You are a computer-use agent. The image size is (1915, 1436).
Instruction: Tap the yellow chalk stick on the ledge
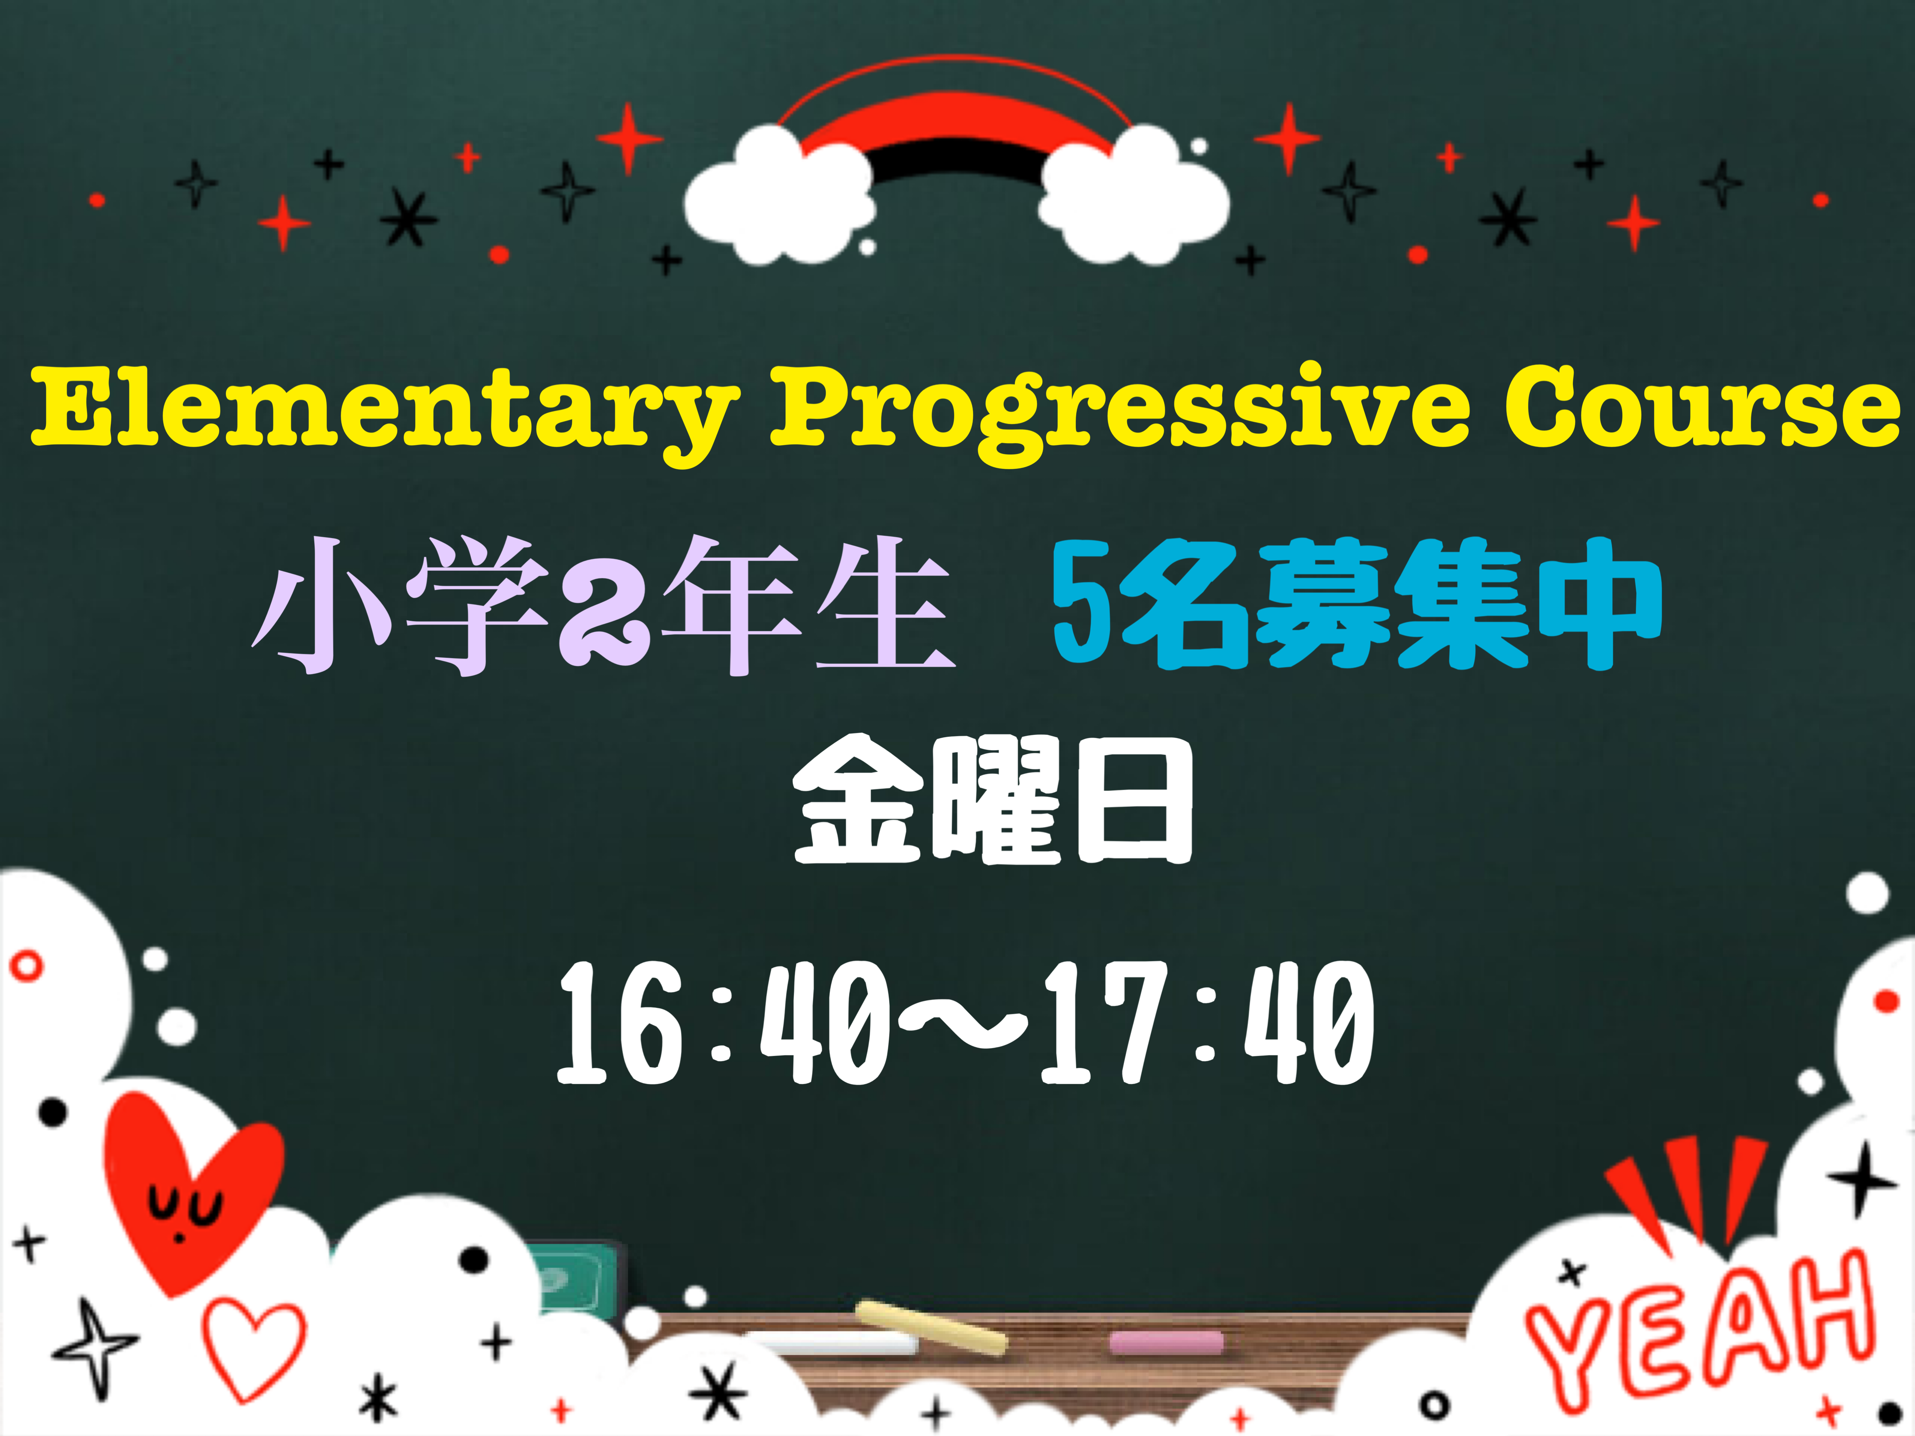[x=931, y=1327]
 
